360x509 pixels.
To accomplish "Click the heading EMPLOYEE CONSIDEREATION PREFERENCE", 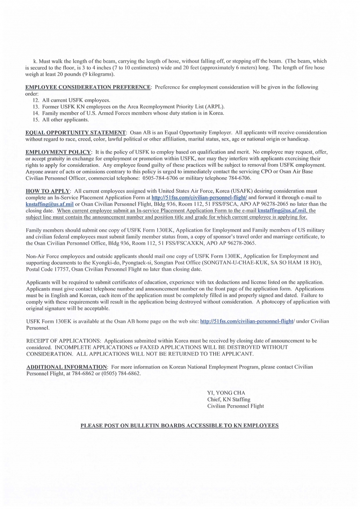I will click(x=88, y=87).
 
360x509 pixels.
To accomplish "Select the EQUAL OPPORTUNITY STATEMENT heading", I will click(x=76, y=133).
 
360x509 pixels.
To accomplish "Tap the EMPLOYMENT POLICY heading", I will click(x=58, y=152).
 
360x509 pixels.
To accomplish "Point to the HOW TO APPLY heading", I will click(x=48, y=191).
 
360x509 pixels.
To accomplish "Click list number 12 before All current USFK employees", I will click(x=36, y=100).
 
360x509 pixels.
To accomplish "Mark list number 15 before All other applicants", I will click(x=36, y=120).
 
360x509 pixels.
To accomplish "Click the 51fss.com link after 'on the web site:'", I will click(x=247, y=321).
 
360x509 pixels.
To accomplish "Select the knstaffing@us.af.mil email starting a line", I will click(x=50, y=204).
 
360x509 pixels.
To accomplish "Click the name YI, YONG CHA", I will click(x=226, y=393).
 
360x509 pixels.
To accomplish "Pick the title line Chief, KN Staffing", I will click(x=229, y=399).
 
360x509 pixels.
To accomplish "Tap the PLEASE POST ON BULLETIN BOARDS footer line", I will click(x=179, y=426).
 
